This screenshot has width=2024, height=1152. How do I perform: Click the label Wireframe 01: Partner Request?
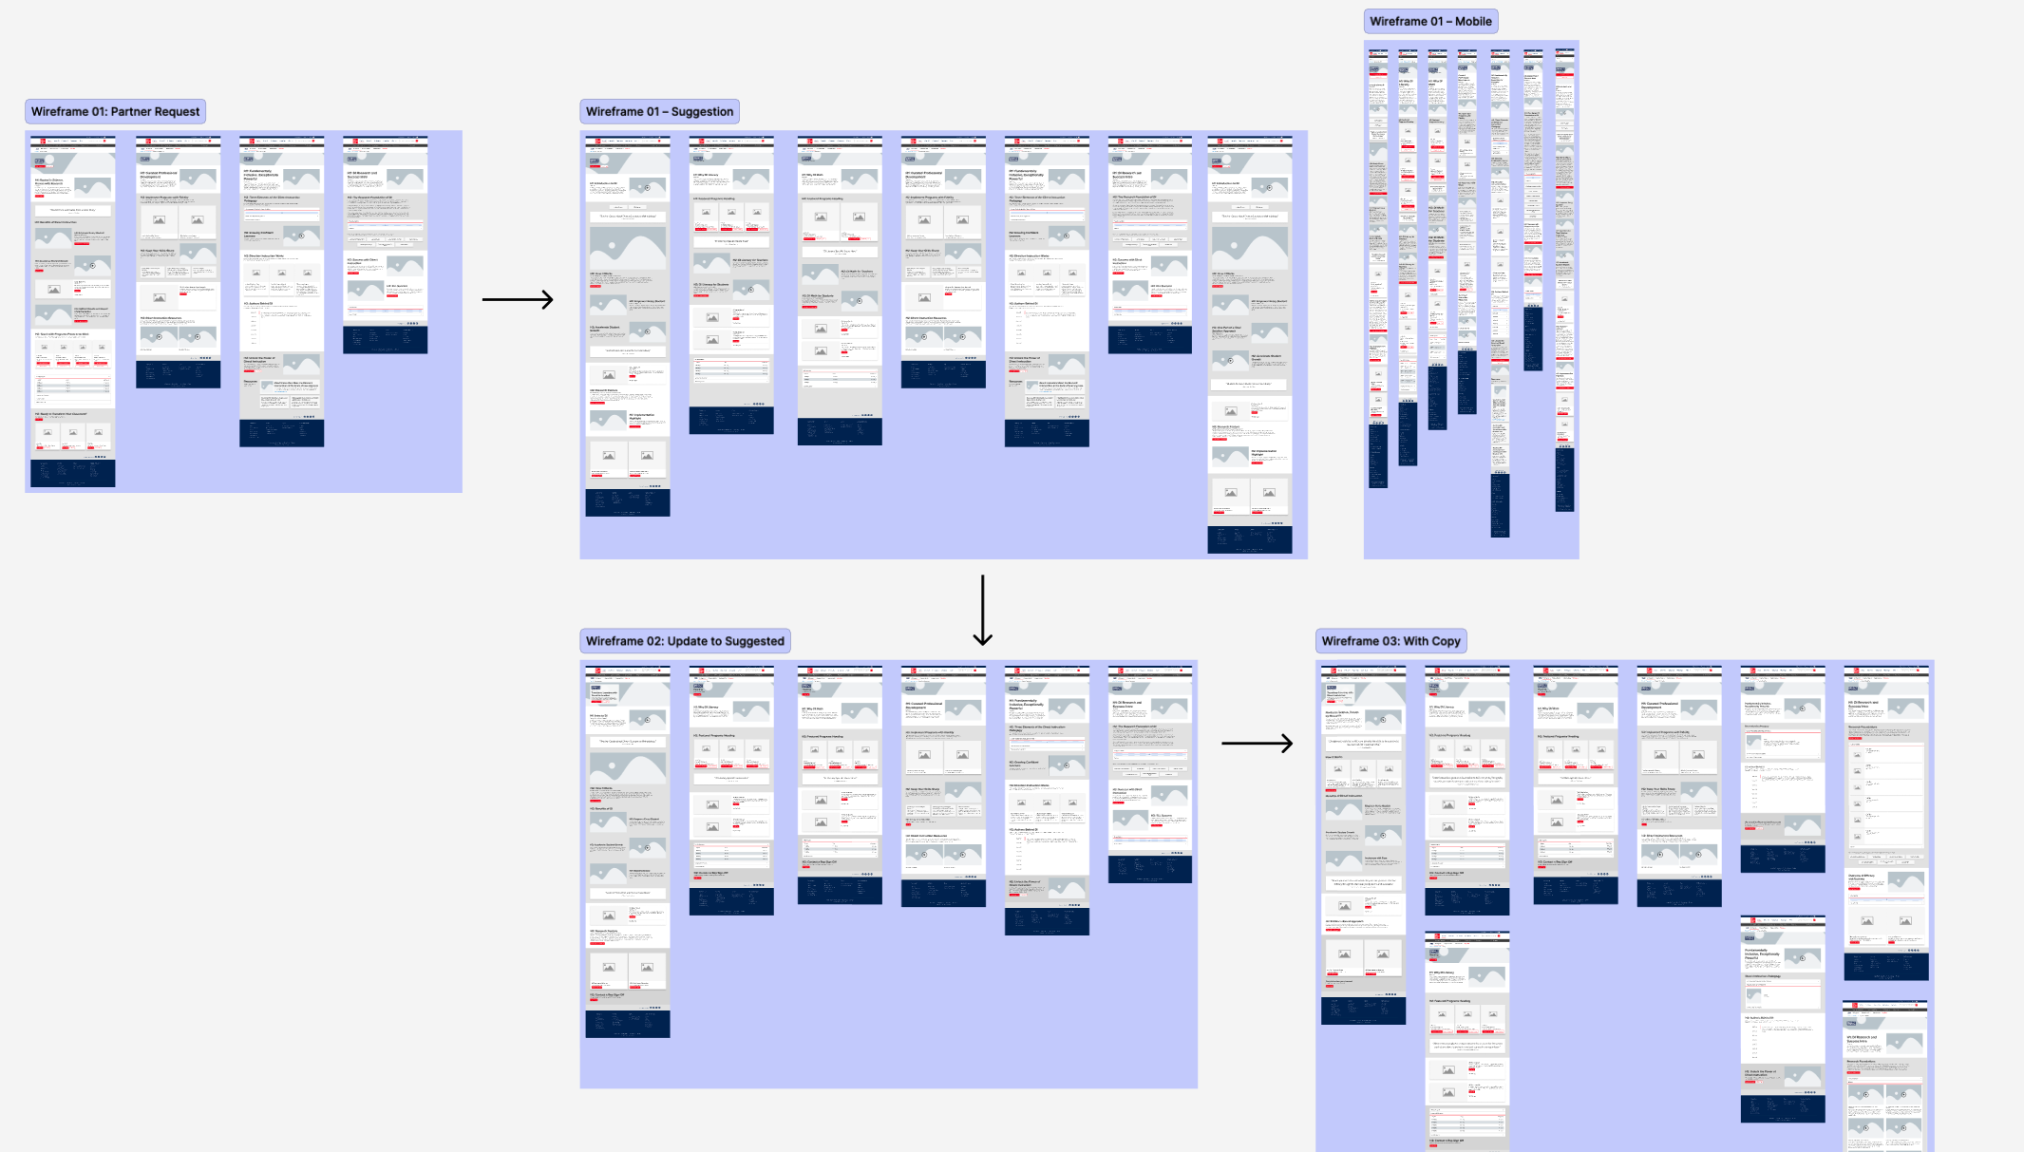tap(115, 112)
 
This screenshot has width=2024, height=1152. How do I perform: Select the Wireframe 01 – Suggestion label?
tap(659, 112)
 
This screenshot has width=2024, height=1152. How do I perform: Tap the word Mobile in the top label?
tap(1473, 22)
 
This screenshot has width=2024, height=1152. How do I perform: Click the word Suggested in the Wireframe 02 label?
tap(754, 642)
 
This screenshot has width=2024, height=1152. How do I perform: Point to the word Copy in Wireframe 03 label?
tap(1446, 642)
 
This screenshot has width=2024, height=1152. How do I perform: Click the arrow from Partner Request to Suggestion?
tap(518, 300)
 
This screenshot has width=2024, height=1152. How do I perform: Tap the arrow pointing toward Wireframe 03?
tap(1257, 743)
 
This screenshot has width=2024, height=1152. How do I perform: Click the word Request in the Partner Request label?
tap(178, 112)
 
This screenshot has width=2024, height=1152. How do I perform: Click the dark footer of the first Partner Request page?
tap(72, 473)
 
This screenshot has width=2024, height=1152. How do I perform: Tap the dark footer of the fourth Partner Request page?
tap(385, 339)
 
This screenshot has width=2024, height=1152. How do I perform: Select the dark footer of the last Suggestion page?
tap(1249, 538)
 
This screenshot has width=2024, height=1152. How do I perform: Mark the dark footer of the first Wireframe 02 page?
tap(627, 1023)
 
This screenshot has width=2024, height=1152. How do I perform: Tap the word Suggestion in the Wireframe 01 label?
tap(702, 112)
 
